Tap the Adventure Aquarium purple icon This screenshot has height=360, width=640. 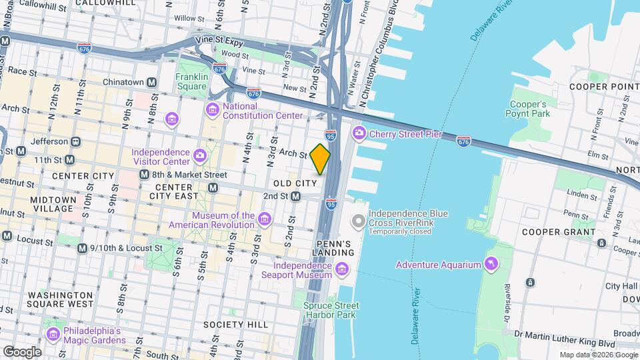492,265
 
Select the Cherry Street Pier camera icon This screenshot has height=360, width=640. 359,134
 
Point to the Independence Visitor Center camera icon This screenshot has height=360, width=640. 199,156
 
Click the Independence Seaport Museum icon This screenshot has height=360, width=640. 342,269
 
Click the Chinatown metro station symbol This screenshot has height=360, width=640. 152,82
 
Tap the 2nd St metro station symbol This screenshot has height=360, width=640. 295,196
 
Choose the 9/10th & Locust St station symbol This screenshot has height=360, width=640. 82,248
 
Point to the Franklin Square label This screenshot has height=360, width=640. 191,81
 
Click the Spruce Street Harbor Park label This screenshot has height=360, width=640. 331,310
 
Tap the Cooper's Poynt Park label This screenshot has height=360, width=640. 528,109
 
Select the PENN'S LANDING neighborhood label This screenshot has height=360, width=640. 333,248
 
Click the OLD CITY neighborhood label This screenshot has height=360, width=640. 295,183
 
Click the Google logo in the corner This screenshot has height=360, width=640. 22,351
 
